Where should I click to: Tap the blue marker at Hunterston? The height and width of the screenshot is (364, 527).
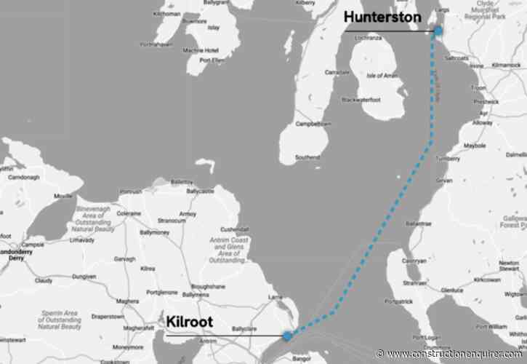click(x=438, y=31)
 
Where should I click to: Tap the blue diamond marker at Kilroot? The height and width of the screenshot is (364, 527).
click(x=287, y=336)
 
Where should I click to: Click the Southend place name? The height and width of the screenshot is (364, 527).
click(x=307, y=157)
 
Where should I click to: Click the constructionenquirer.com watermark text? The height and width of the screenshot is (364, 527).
click(x=454, y=355)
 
